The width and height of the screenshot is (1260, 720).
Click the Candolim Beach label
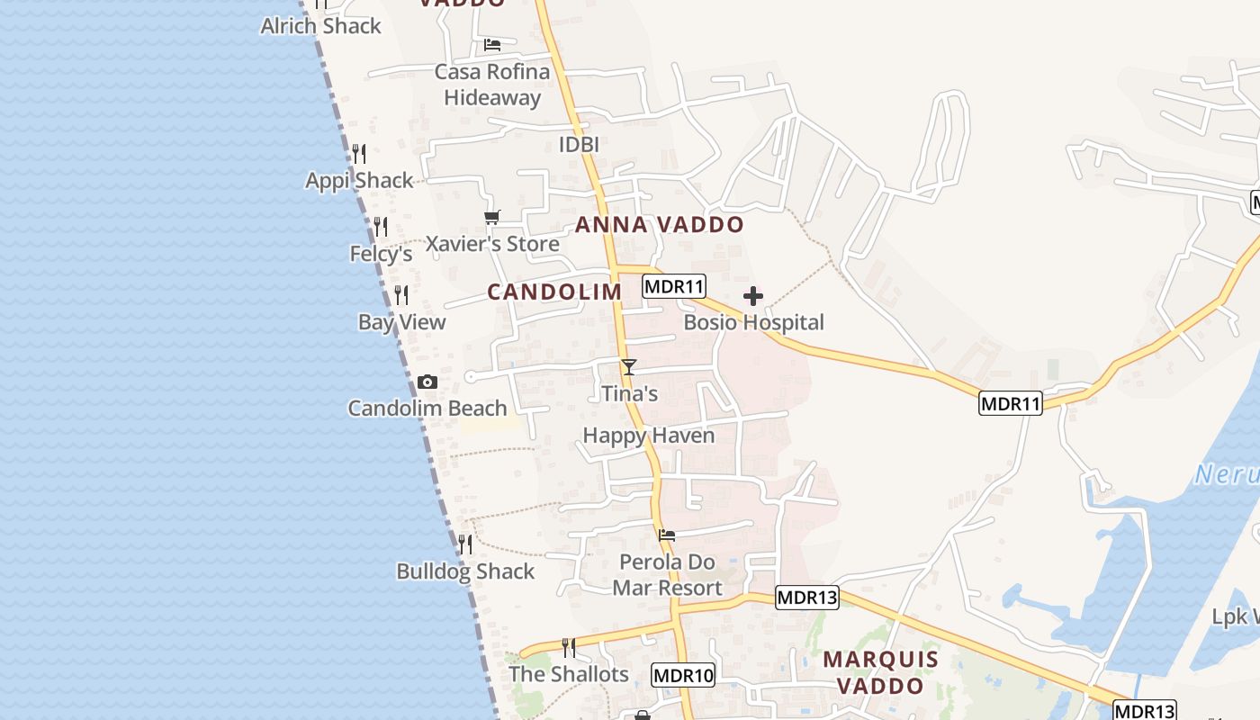click(427, 409)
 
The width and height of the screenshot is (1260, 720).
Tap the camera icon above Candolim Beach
click(427, 382)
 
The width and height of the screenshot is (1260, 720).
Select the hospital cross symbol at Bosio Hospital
click(753, 296)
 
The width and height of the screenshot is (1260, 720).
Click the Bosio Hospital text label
click(753, 322)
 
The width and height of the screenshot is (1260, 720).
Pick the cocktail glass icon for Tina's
click(629, 367)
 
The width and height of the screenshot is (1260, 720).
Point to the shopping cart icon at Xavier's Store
click(491, 217)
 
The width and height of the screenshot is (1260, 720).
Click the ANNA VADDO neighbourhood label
click(659, 225)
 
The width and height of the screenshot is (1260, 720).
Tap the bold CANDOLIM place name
click(554, 292)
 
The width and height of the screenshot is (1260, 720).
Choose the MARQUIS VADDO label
click(880, 672)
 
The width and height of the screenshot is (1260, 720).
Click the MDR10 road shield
click(683, 675)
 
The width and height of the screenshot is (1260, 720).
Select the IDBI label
click(579, 145)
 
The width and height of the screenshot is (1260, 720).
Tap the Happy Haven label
click(648, 436)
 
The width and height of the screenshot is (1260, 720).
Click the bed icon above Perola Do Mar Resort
click(667, 535)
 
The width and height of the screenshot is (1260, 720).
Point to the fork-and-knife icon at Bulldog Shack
click(465, 544)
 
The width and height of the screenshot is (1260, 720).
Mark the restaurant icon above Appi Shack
click(359, 154)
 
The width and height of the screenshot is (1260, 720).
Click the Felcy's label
click(381, 254)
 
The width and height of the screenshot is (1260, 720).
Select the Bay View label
click(401, 322)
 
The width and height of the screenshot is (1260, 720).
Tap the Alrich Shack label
click(320, 26)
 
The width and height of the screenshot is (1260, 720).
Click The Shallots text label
click(568, 674)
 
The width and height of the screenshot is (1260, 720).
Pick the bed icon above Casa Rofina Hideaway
click(491, 45)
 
